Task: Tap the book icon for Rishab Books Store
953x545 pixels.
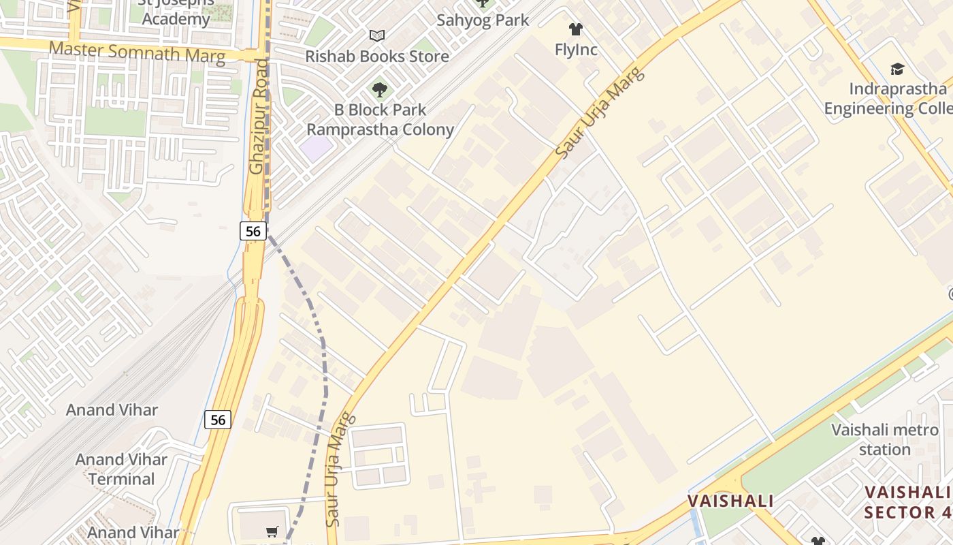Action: coord(377,35)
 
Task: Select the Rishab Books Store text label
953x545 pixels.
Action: coord(377,56)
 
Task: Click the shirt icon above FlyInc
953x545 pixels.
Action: coord(576,29)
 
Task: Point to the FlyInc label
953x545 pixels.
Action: coord(576,49)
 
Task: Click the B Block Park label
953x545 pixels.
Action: coord(380,110)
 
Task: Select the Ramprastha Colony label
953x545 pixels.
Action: coord(380,129)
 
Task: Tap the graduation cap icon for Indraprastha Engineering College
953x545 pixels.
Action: coord(897,69)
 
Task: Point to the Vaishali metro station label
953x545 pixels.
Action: coord(885,439)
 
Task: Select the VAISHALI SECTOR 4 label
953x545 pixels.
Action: coord(908,502)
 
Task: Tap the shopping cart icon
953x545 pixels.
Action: coord(272,531)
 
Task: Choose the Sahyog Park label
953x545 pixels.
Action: coord(483,20)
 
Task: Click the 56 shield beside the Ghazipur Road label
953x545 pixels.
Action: coord(253,231)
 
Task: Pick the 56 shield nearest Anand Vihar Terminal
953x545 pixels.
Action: coord(218,420)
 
